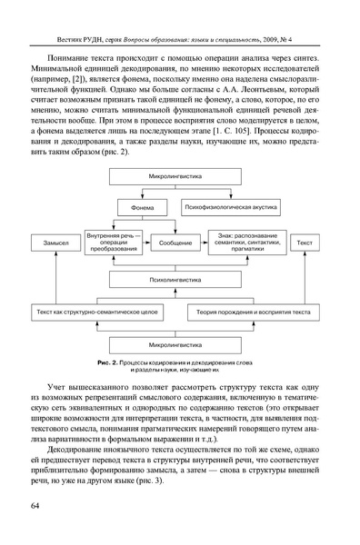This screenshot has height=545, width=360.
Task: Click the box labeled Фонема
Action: click(142, 206)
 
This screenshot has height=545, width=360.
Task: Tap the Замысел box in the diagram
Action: click(47, 243)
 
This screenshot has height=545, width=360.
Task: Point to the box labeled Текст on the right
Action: click(307, 243)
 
